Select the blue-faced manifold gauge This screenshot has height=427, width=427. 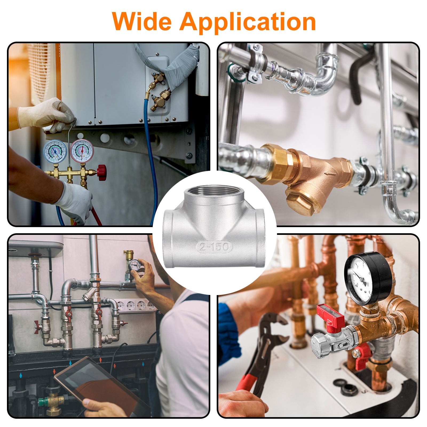pyautogui.click(x=55, y=151)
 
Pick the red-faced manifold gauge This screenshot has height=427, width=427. pyautogui.click(x=82, y=151)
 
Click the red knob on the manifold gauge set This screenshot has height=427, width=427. pyautogui.click(x=102, y=172)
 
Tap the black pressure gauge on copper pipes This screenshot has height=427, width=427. pyautogui.click(x=368, y=278)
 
